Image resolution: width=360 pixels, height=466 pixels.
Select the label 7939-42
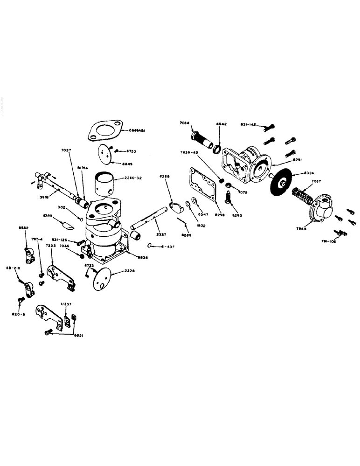[189, 152]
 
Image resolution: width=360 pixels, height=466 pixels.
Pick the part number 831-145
[248, 124]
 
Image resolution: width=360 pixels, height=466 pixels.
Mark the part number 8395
[48, 216]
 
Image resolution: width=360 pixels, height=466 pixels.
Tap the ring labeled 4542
[217, 149]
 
